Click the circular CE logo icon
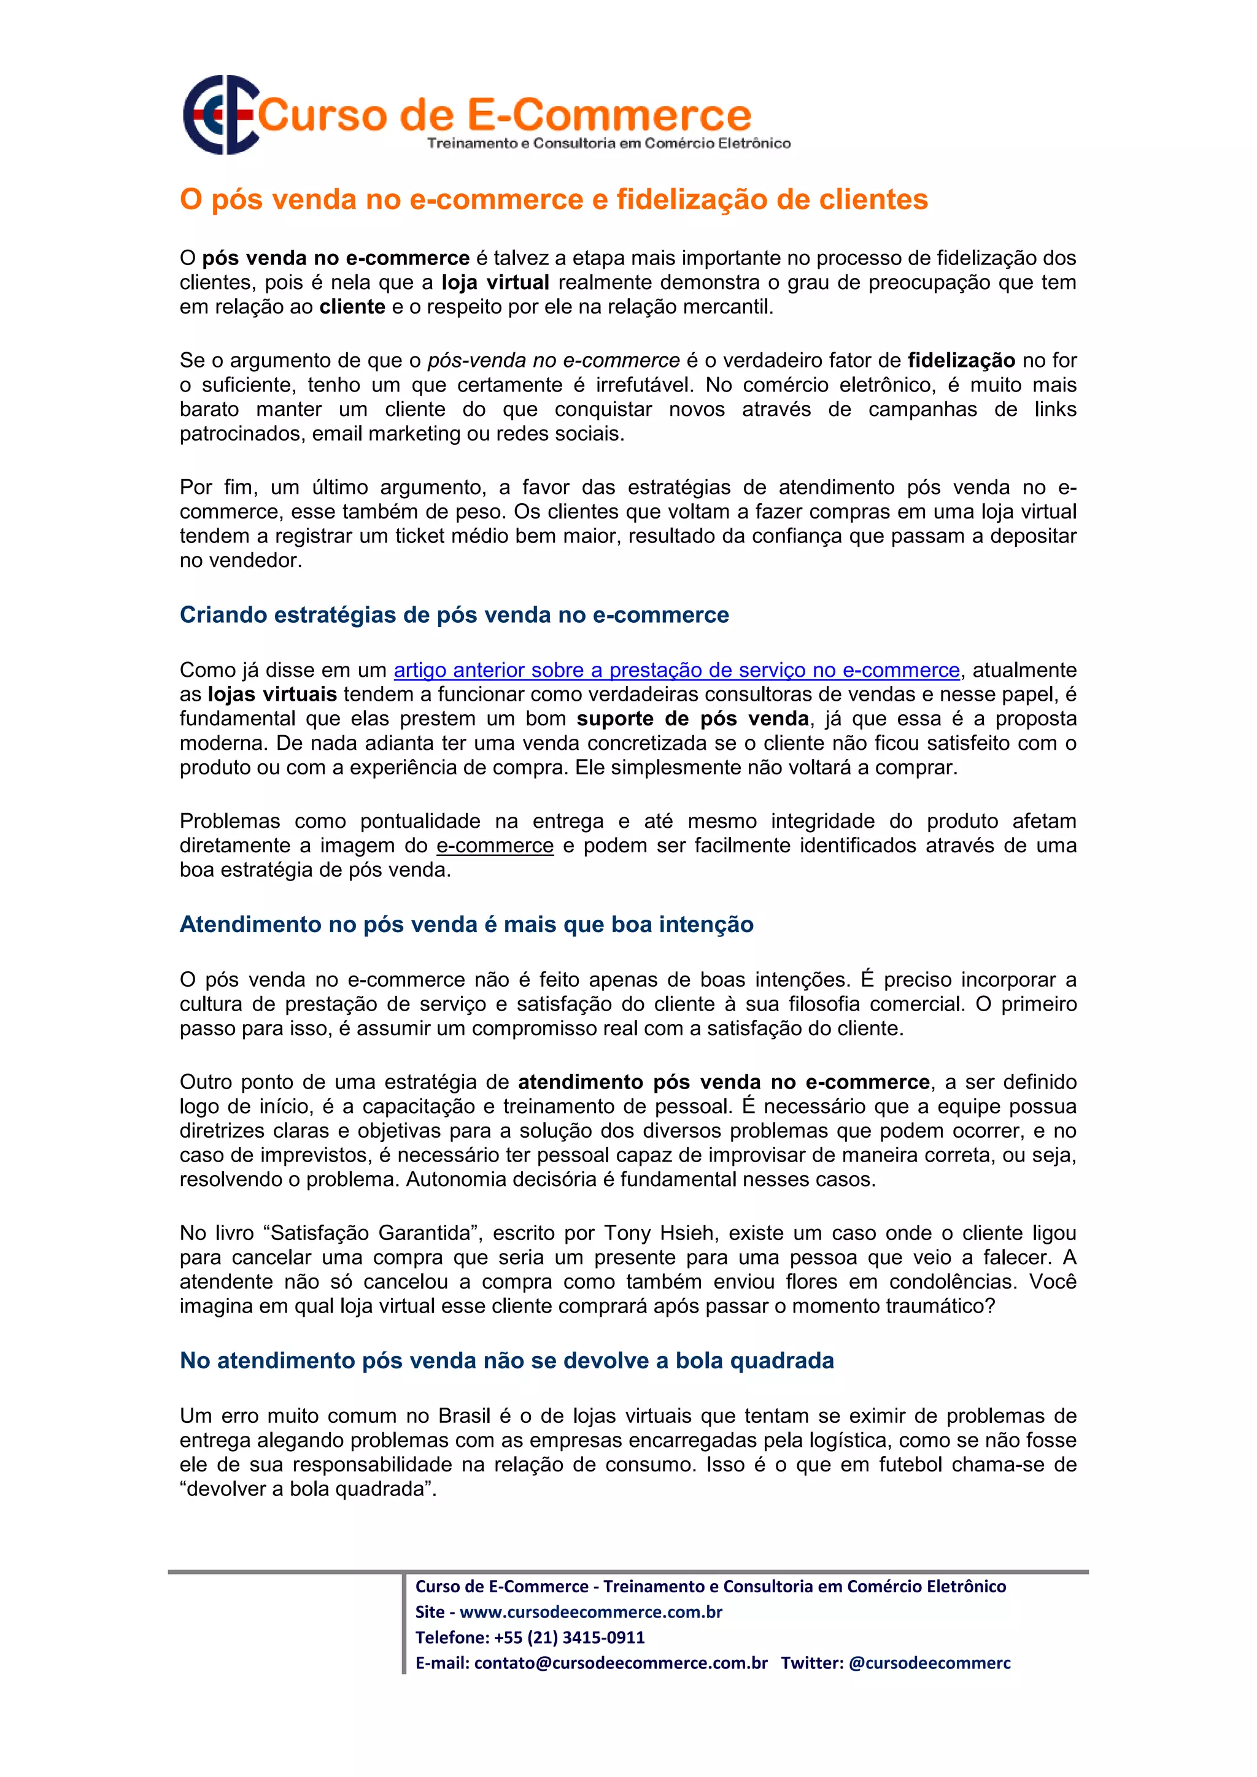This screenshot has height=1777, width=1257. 220,115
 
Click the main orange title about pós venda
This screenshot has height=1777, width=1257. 554,199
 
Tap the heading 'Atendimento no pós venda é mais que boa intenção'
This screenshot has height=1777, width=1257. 466,924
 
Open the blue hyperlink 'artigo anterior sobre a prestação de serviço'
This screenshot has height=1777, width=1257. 676,670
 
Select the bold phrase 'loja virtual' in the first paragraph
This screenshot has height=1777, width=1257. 495,282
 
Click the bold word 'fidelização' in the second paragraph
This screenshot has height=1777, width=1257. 961,361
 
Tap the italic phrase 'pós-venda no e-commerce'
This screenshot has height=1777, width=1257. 554,361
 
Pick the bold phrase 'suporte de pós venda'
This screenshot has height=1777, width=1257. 693,719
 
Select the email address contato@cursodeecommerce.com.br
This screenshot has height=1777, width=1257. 621,1663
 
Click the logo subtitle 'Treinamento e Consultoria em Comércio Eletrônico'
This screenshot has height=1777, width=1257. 608,143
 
